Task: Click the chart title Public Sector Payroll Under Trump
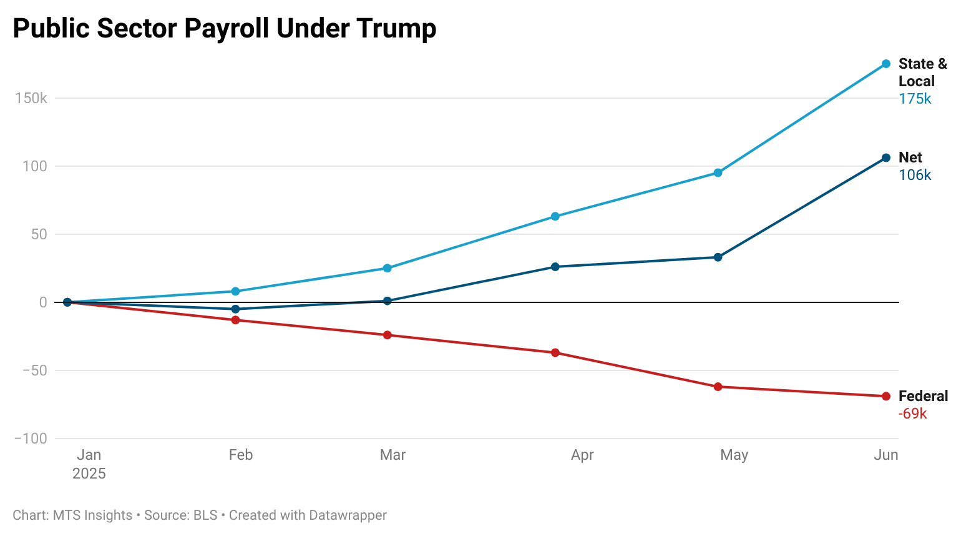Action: [225, 29]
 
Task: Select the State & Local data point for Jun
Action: [885, 64]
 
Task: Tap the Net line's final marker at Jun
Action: [885, 158]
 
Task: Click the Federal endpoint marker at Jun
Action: [885, 396]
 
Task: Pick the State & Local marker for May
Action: [718, 173]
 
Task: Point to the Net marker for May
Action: [718, 257]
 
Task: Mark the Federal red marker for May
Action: [718, 387]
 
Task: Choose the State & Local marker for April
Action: [555, 217]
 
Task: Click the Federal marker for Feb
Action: [235, 320]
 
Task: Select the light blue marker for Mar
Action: [387, 268]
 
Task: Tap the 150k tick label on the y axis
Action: [31, 98]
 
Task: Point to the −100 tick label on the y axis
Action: [31, 439]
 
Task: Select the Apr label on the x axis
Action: [582, 455]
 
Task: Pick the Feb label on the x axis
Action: [240, 455]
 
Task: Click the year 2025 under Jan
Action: [89, 474]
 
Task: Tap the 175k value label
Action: [915, 99]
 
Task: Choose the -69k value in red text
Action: [912, 414]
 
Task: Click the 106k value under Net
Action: [915, 175]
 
